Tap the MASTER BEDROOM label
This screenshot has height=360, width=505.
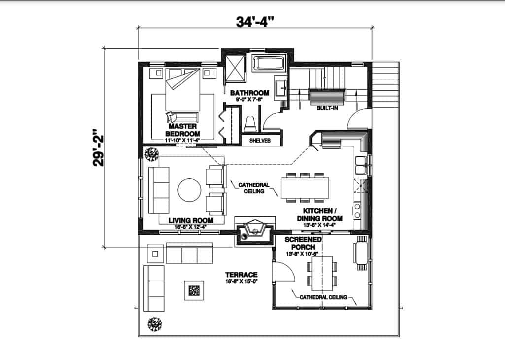click(182, 130)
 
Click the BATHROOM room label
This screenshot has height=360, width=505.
click(249, 93)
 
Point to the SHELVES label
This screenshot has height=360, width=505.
click(260, 140)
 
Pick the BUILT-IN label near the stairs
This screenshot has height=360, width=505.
click(327, 108)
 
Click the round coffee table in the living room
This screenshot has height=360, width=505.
click(189, 190)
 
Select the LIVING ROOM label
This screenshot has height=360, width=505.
click(191, 220)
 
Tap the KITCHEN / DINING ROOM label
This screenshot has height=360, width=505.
click(319, 214)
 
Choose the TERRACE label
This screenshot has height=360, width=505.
click(241, 275)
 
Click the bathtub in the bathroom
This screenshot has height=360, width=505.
click(269, 64)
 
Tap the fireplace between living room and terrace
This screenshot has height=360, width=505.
click(255, 232)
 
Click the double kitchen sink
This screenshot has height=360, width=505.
click(360, 164)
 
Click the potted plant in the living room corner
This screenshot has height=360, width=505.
click(151, 154)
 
